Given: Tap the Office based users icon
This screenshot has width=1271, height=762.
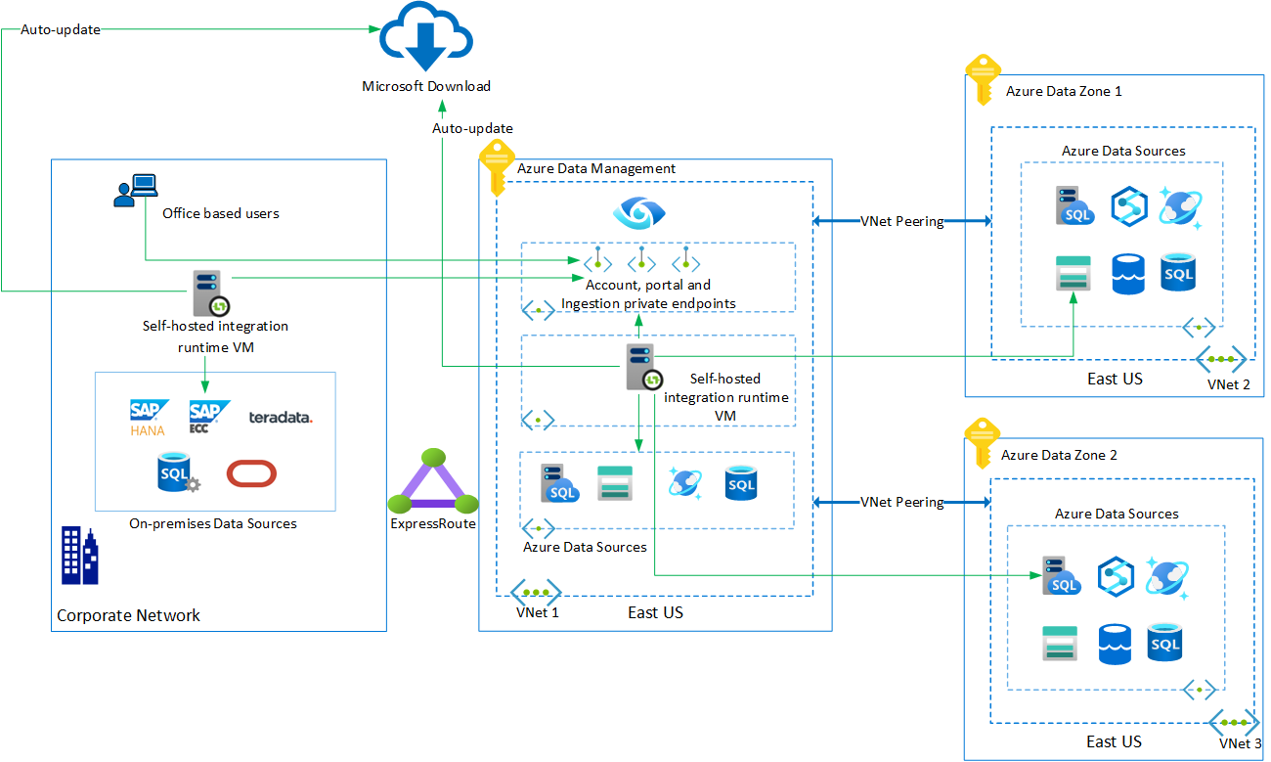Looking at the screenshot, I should [135, 190].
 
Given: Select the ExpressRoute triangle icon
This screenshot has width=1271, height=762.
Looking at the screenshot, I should [433, 482].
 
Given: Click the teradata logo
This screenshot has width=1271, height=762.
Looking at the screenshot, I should [281, 418].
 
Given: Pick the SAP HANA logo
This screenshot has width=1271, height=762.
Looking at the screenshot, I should [149, 417].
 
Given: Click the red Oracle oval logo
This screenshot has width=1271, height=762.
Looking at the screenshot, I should [251, 473].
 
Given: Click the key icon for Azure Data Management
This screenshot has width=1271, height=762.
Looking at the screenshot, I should [497, 163].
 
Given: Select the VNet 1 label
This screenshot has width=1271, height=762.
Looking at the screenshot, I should [538, 612].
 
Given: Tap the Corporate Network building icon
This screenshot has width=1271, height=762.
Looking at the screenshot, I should [79, 555].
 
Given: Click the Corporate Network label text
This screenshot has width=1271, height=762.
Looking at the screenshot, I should [128, 615].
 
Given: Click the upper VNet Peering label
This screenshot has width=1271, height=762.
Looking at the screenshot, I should [901, 221].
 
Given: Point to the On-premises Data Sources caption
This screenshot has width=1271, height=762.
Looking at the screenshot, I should [212, 523].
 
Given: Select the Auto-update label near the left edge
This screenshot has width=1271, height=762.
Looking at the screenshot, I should [60, 29].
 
